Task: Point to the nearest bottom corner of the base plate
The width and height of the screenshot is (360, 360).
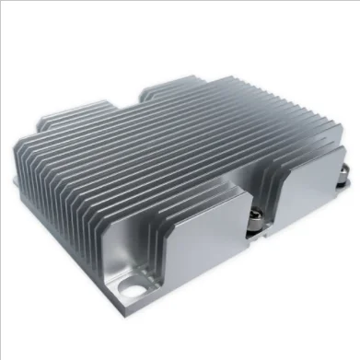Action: click(x=155, y=319)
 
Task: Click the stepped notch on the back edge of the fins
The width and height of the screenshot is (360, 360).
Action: click(x=152, y=91)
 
